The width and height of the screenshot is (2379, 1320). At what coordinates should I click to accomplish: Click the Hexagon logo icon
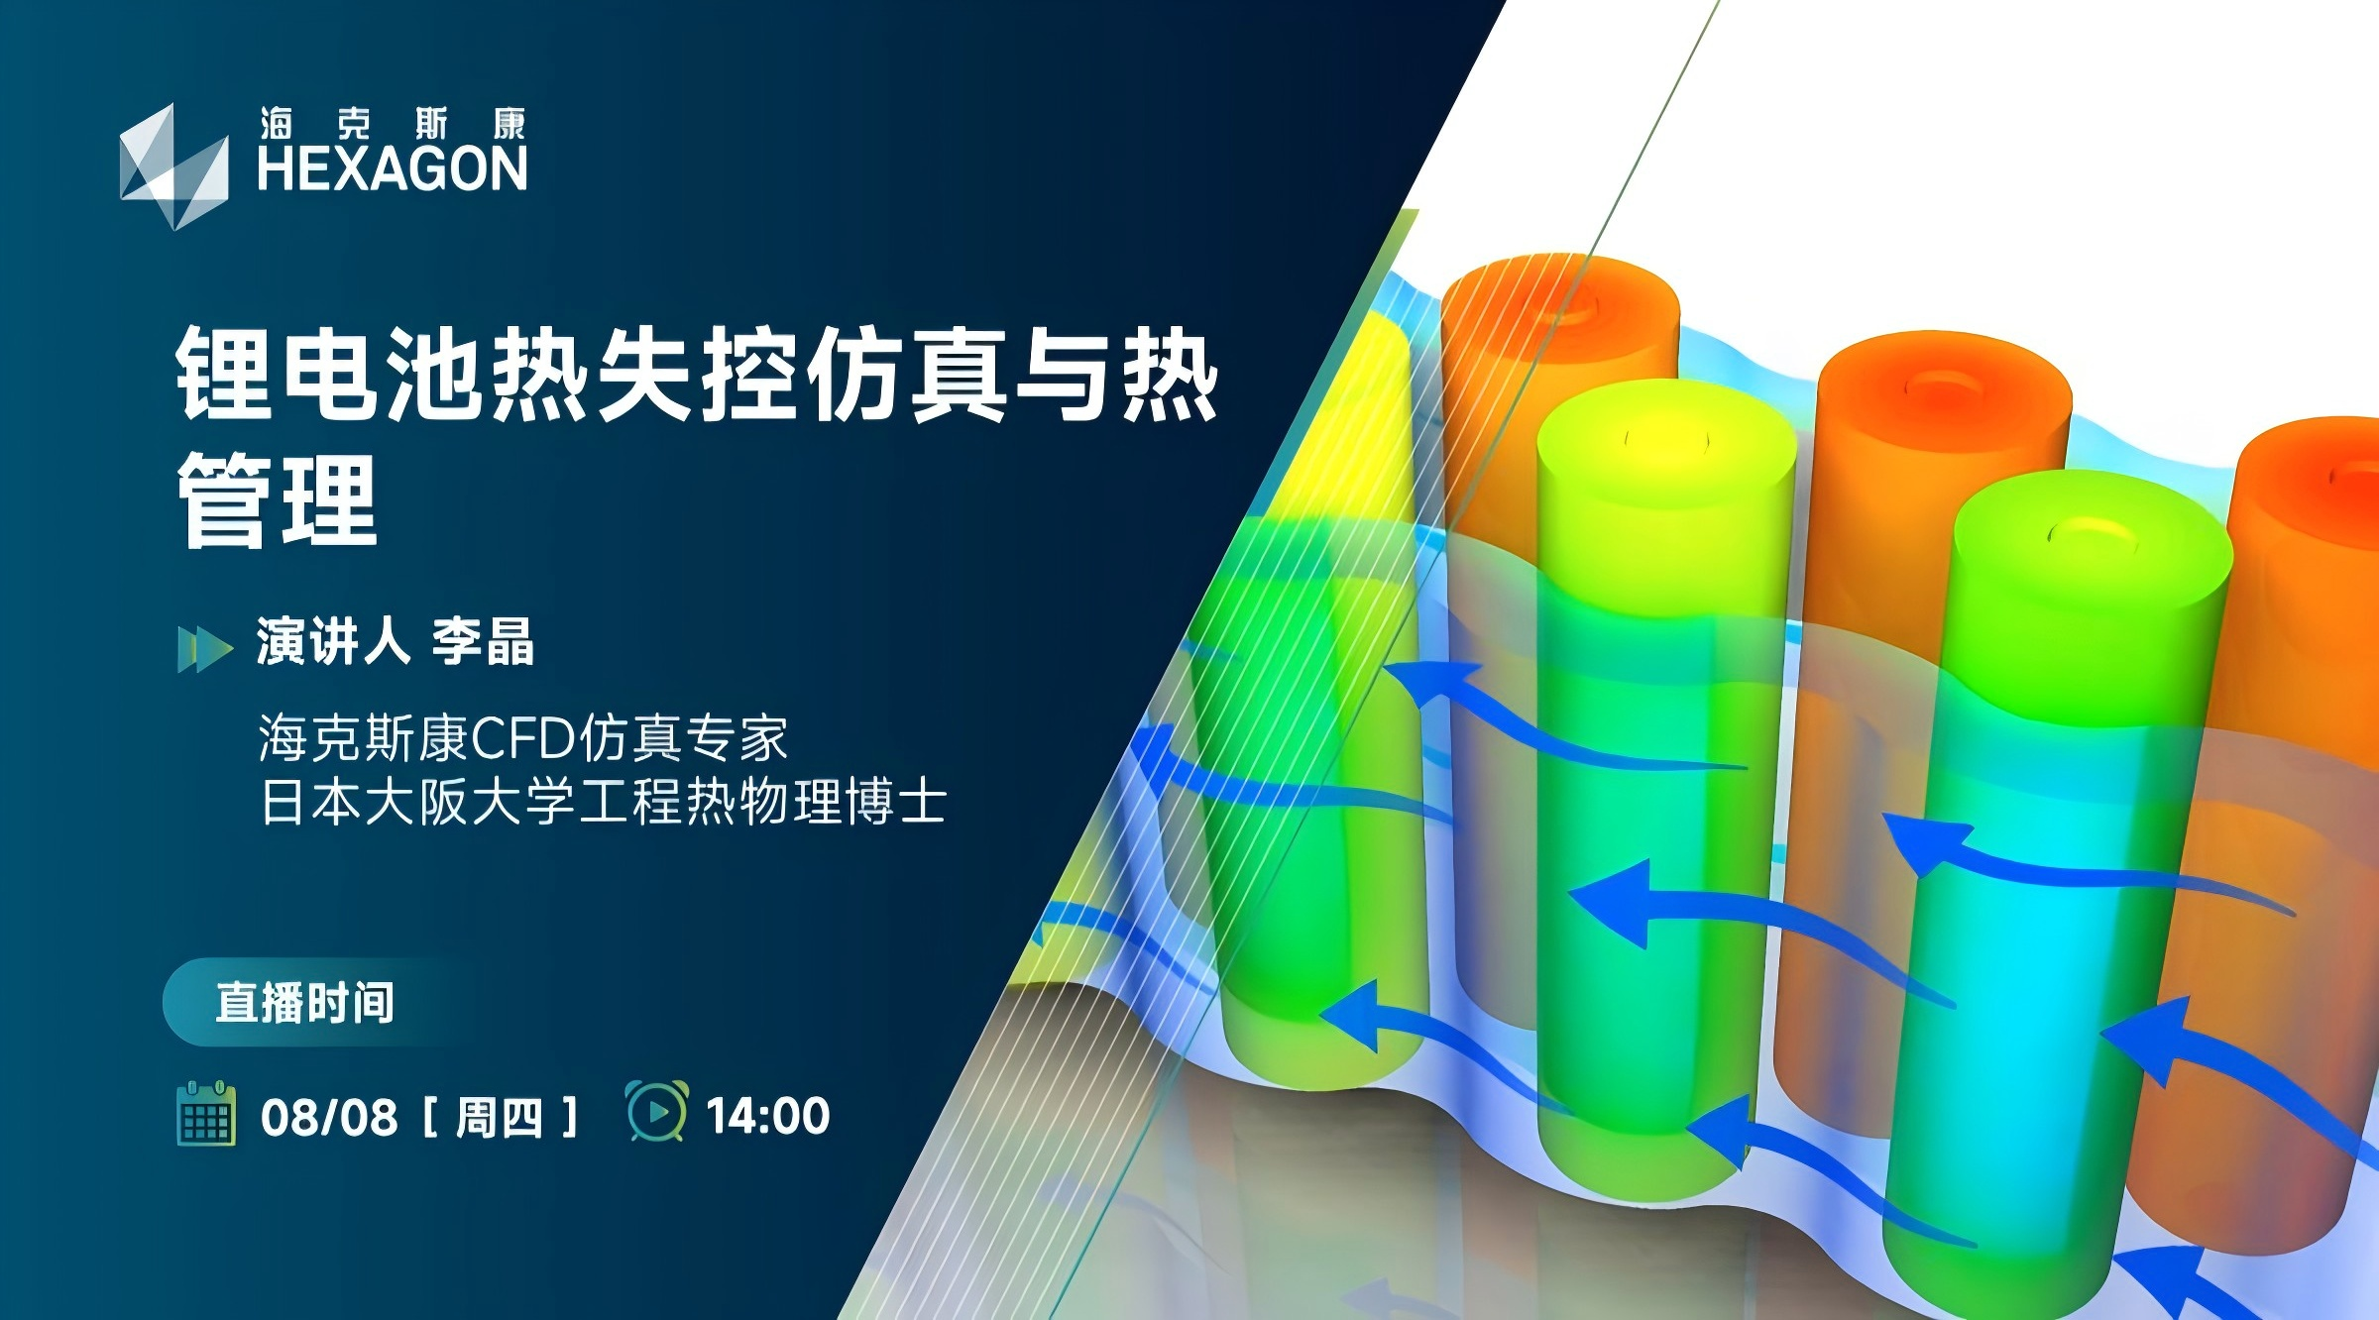click(174, 166)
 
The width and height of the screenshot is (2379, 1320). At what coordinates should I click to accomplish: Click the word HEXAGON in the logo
click(393, 168)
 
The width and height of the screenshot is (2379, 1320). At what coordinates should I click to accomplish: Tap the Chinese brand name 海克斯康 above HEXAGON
click(393, 124)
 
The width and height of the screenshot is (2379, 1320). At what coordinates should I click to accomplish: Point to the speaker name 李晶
click(484, 642)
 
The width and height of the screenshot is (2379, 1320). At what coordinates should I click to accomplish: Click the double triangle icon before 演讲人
click(205, 649)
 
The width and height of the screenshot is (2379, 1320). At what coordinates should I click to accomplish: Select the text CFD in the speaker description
click(523, 737)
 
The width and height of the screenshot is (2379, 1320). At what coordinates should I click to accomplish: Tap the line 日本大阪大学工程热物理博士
click(603, 802)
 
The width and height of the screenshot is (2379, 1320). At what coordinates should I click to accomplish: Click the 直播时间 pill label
click(305, 1003)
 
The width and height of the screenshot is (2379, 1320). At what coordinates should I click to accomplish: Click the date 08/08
click(329, 1118)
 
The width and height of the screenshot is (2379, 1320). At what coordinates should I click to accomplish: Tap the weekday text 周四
click(500, 1118)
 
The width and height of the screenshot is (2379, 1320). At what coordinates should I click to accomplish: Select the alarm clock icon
click(656, 1111)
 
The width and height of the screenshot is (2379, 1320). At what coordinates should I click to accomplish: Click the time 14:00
click(768, 1117)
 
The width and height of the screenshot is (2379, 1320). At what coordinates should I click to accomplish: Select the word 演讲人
click(333, 642)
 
